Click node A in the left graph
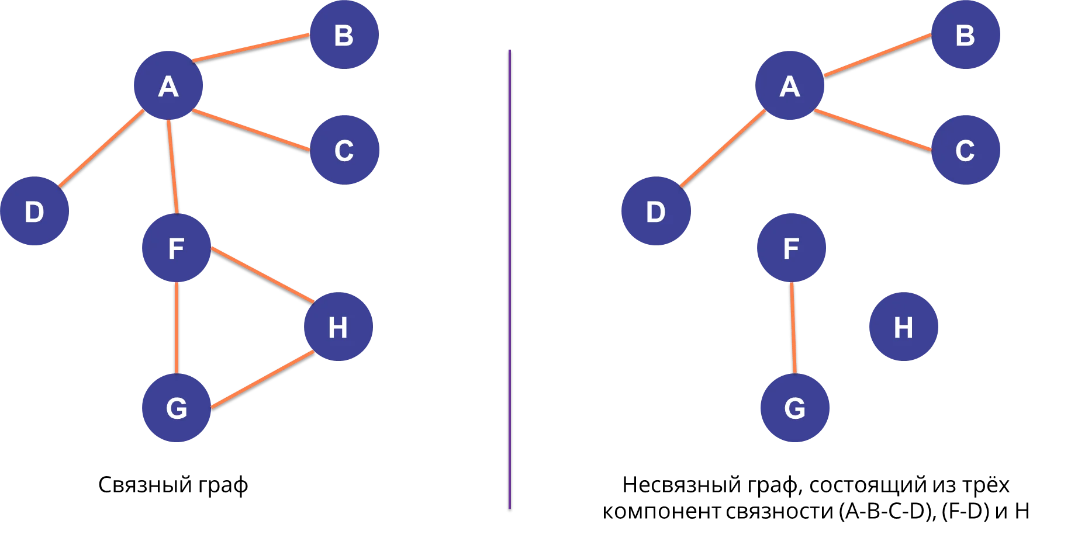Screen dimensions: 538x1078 tap(168, 86)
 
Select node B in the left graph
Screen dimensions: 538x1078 tap(344, 35)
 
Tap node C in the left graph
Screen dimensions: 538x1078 tap(344, 150)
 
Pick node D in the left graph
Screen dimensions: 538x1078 tap(34, 211)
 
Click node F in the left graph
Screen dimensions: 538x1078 tap(176, 248)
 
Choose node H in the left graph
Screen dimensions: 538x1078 tap(338, 327)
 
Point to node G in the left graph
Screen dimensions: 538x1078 tap(176, 408)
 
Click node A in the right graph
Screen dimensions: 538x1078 tap(789, 86)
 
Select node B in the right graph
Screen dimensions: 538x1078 tap(965, 35)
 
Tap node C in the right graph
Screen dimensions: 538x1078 tap(965, 150)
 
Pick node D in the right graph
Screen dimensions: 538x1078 tap(655, 211)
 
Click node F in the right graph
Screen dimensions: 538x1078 tap(791, 248)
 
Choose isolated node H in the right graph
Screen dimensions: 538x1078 tap(903, 327)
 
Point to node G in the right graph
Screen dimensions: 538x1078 tap(794, 408)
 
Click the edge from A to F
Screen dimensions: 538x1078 tap(172, 166)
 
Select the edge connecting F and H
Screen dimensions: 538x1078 tap(262, 275)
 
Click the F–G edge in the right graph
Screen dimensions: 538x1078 tap(793, 328)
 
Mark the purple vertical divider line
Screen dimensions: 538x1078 tap(510, 280)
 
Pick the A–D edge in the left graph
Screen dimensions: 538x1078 tap(101, 149)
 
